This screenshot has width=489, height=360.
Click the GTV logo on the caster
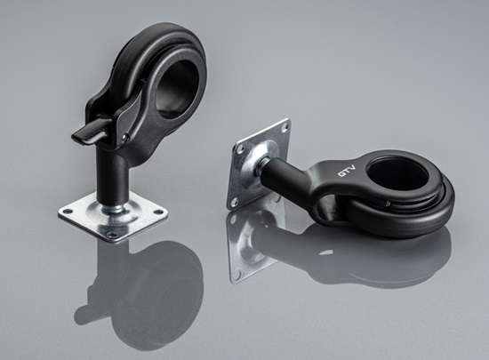(x=347, y=172)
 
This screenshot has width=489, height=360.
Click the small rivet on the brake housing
(x=125, y=136)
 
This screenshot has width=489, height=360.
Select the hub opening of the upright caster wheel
(x=175, y=88)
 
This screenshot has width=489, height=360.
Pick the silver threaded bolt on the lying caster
(x=260, y=167)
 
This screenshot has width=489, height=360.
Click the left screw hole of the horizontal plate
(x=67, y=212)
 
